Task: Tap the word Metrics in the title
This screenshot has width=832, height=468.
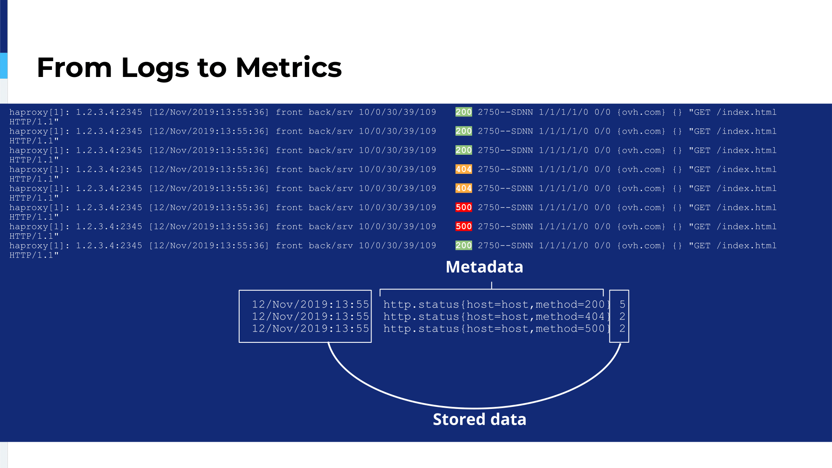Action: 289,67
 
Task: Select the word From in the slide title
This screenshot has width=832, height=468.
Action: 74,68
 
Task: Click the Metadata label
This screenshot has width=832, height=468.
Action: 484,267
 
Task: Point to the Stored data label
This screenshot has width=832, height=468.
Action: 480,419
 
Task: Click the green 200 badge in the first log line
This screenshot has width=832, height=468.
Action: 463,112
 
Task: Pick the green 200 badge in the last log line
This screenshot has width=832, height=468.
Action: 463,245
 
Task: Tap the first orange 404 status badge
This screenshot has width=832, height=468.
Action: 463,169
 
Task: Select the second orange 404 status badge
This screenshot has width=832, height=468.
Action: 463,188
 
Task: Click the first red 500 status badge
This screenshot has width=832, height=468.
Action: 463,207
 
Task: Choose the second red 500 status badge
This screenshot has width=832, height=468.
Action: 463,226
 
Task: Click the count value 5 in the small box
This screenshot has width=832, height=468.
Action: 622,305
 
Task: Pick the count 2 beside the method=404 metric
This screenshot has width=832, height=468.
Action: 622,317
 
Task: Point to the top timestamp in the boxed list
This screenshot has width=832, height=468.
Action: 310,305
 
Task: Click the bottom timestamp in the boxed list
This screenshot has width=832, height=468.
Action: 310,329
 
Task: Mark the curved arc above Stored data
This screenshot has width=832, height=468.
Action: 474,408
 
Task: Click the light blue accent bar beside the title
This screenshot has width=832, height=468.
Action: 4,66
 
